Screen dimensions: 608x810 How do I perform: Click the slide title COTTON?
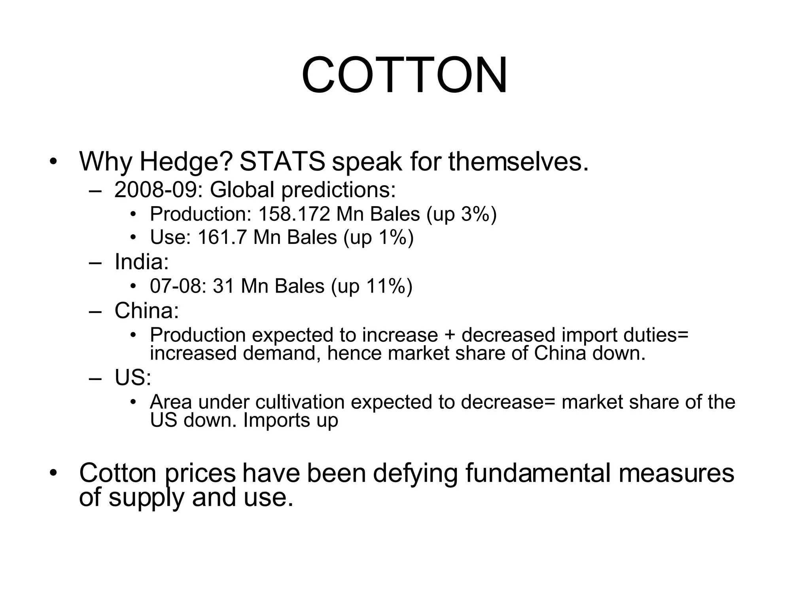(x=404, y=75)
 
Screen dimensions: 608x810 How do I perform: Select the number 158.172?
(x=294, y=214)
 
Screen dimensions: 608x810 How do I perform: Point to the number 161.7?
(x=222, y=237)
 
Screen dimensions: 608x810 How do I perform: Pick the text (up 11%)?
(x=371, y=286)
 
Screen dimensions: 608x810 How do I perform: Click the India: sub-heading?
(x=142, y=262)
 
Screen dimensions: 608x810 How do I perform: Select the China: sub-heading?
(x=147, y=310)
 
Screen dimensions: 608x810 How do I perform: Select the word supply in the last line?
(x=146, y=498)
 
